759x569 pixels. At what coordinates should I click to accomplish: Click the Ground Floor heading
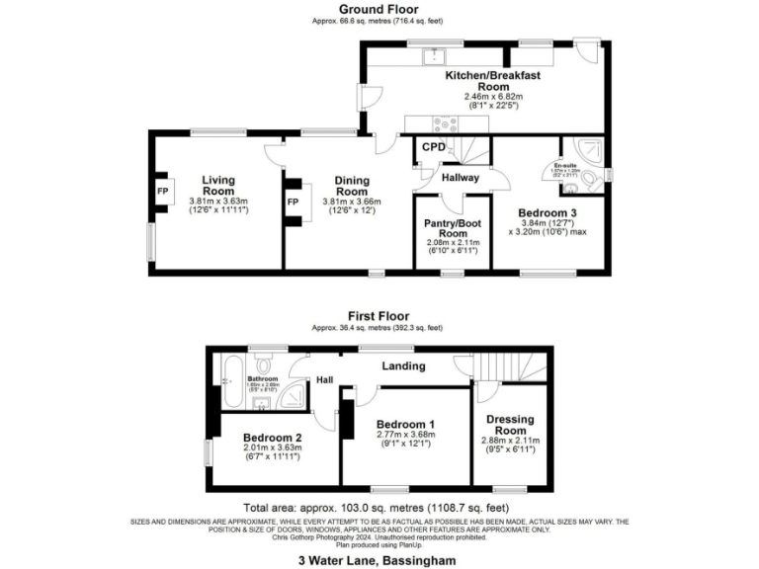pyautogui.click(x=379, y=9)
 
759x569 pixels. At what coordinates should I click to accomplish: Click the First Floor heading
pyautogui.click(x=379, y=316)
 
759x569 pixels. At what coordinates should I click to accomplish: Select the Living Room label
pyautogui.click(x=218, y=185)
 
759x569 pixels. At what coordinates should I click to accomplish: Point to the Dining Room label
pyautogui.click(x=351, y=185)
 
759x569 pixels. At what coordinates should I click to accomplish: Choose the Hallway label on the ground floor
pyautogui.click(x=460, y=178)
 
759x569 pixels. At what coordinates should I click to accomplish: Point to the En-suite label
pyautogui.click(x=565, y=165)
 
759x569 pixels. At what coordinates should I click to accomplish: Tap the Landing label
pyautogui.click(x=404, y=366)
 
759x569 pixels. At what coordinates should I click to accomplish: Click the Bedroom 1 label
pyautogui.click(x=405, y=424)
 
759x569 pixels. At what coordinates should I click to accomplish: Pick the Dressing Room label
pyautogui.click(x=511, y=424)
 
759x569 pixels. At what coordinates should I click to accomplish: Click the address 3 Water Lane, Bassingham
pyautogui.click(x=379, y=560)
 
